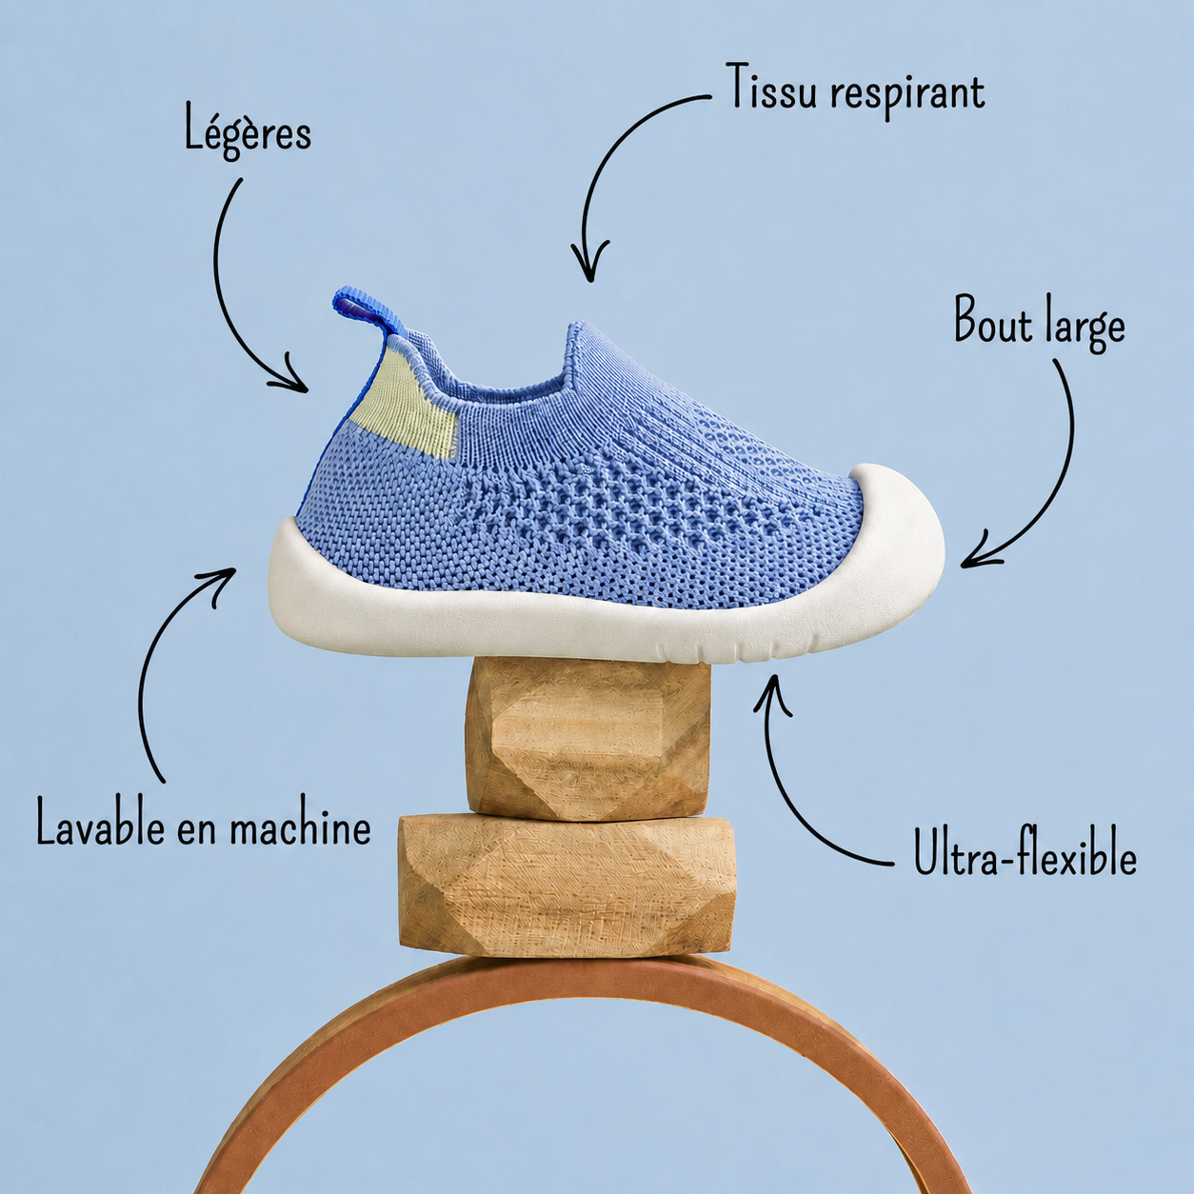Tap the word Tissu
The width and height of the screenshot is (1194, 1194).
772,86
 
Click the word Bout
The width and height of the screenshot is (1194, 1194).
993,320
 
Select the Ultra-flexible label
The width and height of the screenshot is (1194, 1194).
1025,852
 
